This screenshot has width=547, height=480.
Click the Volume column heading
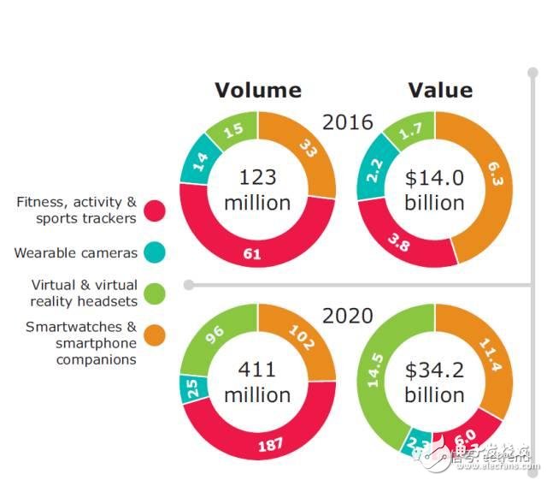[x=257, y=91]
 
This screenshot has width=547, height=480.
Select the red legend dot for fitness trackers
[x=155, y=210]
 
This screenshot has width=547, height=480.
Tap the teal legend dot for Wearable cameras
[x=155, y=252]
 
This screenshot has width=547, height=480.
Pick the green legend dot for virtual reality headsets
[x=155, y=293]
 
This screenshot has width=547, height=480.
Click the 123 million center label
[x=257, y=190]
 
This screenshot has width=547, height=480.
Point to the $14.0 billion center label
[x=434, y=190]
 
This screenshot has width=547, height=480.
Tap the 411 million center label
[x=257, y=382]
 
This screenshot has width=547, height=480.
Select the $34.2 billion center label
[x=434, y=382]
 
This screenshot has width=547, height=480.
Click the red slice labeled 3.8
[x=397, y=242]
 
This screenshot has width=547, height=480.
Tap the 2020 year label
[x=347, y=316]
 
